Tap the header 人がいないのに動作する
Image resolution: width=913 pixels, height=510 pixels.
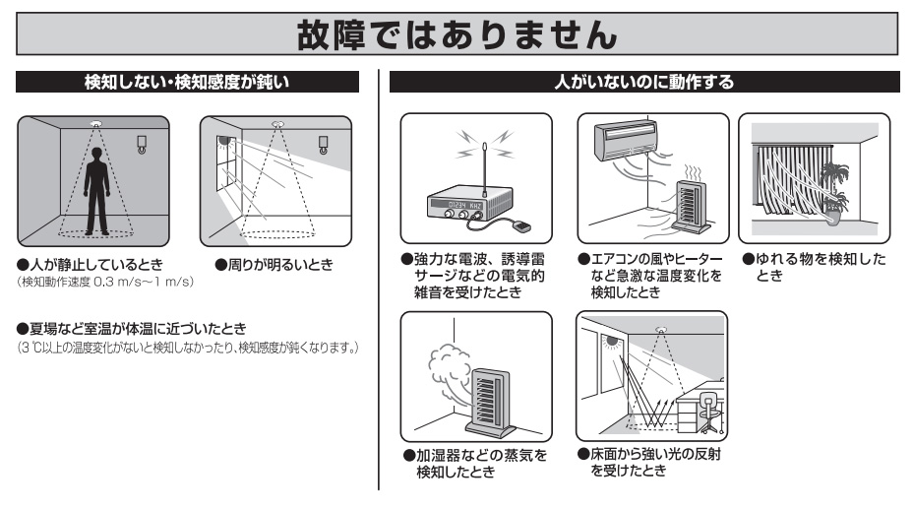pyautogui.click(x=644, y=84)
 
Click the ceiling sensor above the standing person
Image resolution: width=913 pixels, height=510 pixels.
pyautogui.click(x=95, y=124)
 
